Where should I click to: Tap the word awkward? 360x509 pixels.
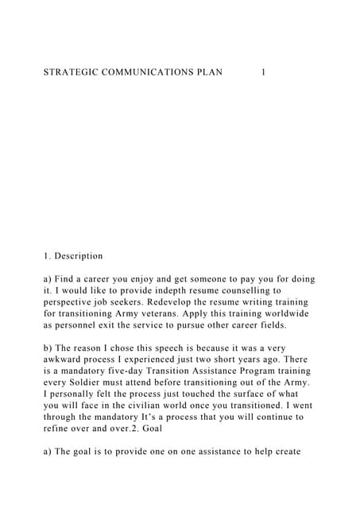tap(66, 359)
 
